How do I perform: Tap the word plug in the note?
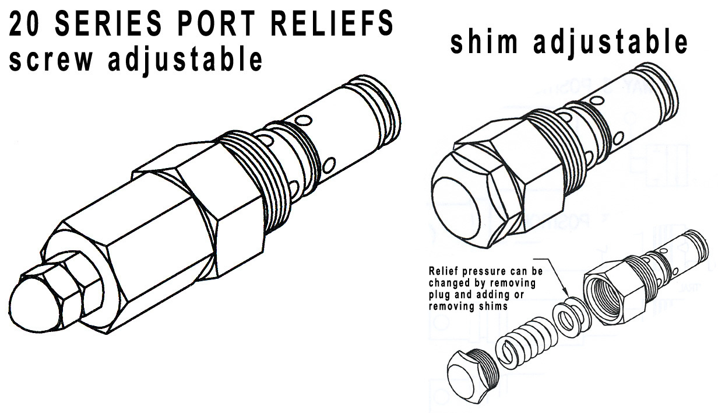click(x=440, y=295)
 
